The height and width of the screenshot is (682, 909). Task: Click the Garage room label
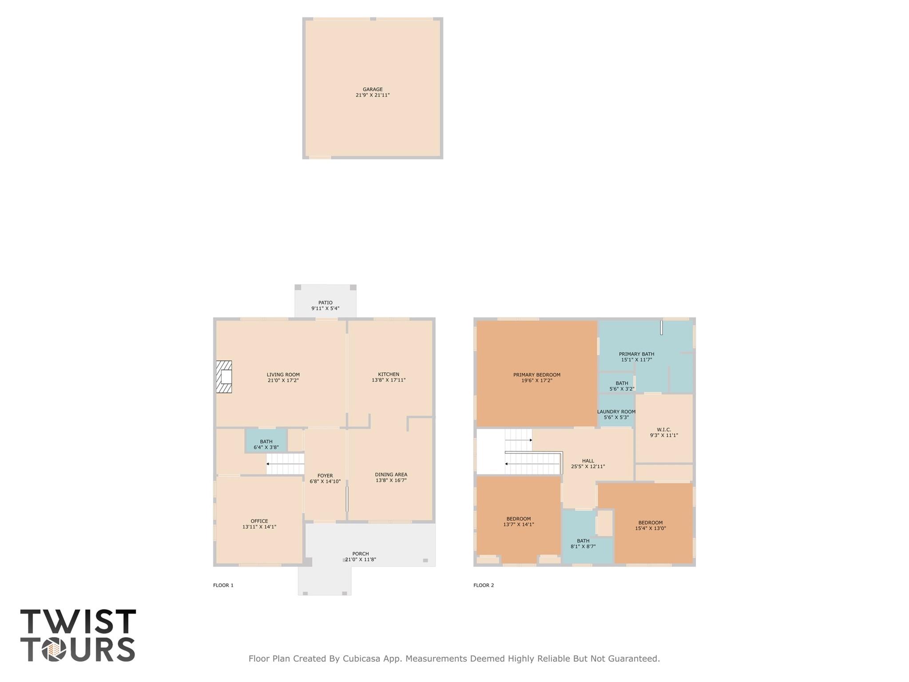372,89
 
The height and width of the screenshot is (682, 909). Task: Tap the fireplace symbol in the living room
224,377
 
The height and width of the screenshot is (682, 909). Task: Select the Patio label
325,303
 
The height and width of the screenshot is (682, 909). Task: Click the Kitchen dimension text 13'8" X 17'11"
389,380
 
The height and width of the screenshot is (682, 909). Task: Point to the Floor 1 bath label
266,442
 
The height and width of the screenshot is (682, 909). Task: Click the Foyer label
325,475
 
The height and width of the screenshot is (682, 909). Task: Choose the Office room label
259,521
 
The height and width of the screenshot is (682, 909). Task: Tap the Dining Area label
391,475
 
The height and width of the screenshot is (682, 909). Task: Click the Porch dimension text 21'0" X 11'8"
361,559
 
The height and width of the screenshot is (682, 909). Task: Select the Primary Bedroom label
536,375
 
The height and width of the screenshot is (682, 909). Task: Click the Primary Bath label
636,354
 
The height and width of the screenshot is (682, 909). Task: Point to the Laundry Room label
616,412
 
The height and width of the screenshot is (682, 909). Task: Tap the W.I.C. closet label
663,430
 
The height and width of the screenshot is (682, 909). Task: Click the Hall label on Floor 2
587,461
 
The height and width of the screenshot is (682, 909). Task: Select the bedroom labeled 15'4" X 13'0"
650,525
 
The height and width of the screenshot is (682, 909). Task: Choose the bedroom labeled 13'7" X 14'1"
518,521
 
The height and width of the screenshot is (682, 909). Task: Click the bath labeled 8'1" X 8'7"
583,543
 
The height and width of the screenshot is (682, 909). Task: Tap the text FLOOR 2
483,585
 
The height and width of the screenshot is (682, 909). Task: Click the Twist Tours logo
78,635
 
